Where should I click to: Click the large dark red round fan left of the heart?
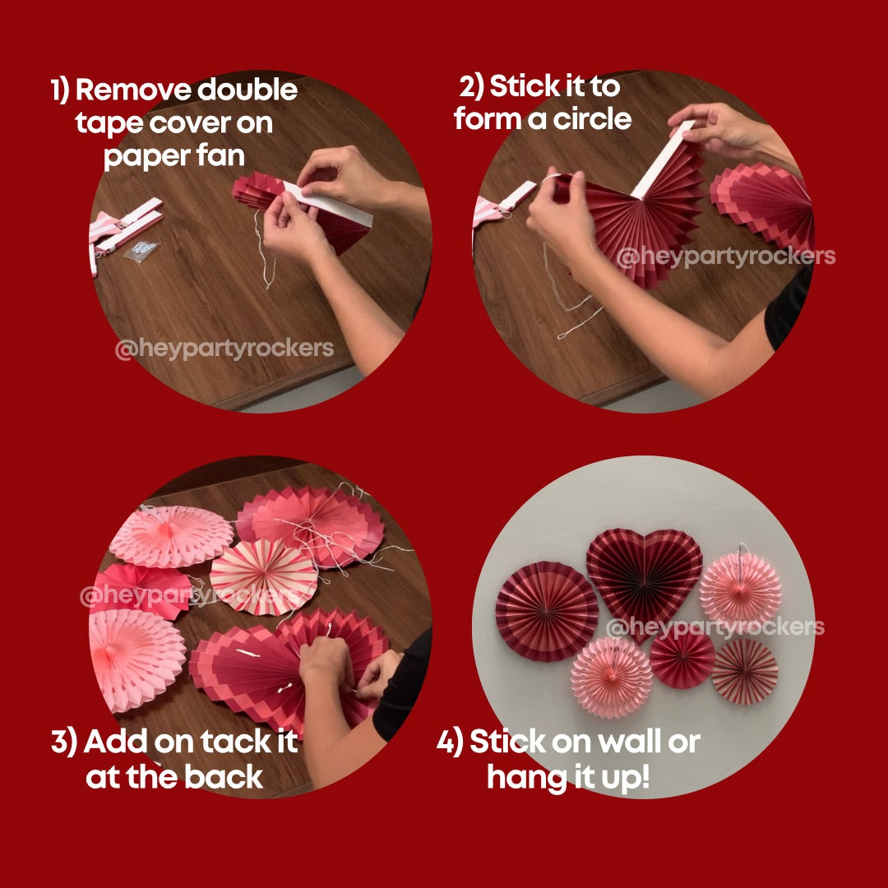click(547, 611)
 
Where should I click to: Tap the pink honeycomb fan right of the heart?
click(740, 588)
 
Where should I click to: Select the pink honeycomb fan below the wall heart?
click(611, 677)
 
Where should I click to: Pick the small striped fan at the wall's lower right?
click(744, 672)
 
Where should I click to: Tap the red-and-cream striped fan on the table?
click(263, 578)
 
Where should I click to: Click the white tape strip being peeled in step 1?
click(328, 203)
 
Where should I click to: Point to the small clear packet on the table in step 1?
click(141, 250)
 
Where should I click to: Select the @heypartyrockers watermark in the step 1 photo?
click(224, 349)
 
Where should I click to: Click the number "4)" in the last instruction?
click(450, 742)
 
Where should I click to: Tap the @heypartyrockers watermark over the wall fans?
click(715, 627)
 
